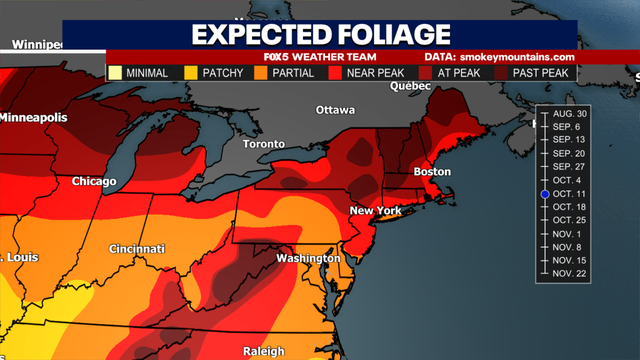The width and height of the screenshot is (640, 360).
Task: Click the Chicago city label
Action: coord(94,182)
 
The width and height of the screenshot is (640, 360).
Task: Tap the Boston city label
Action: coord(432,173)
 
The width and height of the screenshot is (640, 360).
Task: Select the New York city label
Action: coord(375,211)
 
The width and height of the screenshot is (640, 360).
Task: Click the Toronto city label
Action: coord(264,143)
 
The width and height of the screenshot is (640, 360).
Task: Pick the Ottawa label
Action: coord(335,109)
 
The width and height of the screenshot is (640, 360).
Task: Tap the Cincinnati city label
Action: coord(137,248)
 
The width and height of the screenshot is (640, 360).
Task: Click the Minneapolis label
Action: coord(34,117)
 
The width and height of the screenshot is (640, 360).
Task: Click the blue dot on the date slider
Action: coord(545,194)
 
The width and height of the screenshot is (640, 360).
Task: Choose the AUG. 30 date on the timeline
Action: coord(569,115)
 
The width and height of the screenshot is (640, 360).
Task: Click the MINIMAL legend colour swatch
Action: coord(116,73)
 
